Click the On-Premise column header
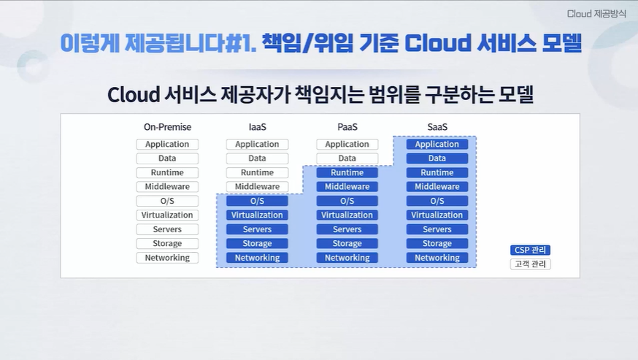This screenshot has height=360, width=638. coord(167,127)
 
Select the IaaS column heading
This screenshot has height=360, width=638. coord(257,127)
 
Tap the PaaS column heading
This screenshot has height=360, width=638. coord(347,127)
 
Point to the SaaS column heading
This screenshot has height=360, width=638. coord(437,127)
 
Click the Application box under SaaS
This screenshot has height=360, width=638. coord(437,144)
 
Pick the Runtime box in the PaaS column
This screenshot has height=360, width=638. coord(347,172)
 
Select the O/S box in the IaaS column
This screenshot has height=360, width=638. coord(257,201)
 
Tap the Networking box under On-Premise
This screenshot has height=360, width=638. coord(167,258)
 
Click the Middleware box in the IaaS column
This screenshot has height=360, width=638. coord(257,186)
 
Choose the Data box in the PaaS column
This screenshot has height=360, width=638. coord(347,158)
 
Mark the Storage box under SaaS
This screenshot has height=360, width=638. coord(437,244)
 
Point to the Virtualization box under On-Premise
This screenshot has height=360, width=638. coord(167,215)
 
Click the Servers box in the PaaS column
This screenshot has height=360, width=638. coord(347,229)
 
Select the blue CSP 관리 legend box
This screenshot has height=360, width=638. coord(530,250)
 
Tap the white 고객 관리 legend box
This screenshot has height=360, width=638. coord(530,264)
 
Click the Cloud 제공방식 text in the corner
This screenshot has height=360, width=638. coord(596,14)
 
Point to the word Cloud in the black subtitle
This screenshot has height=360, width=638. coord(134,94)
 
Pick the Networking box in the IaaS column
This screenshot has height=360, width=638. coord(257,258)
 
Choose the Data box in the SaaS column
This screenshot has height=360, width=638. coord(437,158)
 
